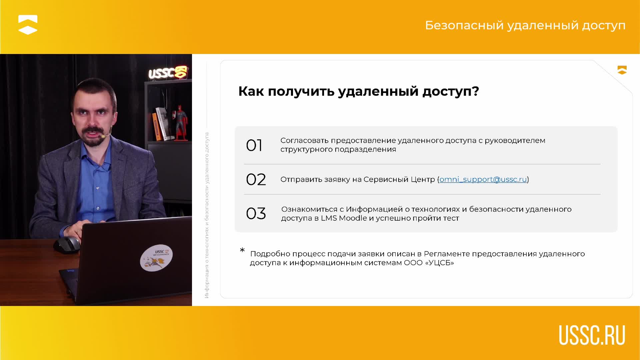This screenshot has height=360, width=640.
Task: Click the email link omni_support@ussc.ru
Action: (483, 179)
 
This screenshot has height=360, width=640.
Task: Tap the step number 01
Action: (254, 146)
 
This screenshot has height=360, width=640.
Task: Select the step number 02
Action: (256, 180)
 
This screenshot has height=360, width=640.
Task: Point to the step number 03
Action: (256, 214)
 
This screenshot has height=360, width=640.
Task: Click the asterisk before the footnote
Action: (242, 250)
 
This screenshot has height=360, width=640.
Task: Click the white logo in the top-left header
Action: (28, 25)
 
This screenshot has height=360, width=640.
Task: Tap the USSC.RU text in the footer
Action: (592, 335)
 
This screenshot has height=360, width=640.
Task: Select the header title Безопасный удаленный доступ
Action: (525, 25)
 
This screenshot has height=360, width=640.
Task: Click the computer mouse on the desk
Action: (67, 245)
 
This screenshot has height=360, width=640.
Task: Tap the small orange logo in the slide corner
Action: (622, 70)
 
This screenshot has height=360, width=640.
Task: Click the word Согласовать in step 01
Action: (304, 141)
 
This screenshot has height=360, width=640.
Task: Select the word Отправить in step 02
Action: (301, 179)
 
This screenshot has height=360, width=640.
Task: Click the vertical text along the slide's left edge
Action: (207, 215)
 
